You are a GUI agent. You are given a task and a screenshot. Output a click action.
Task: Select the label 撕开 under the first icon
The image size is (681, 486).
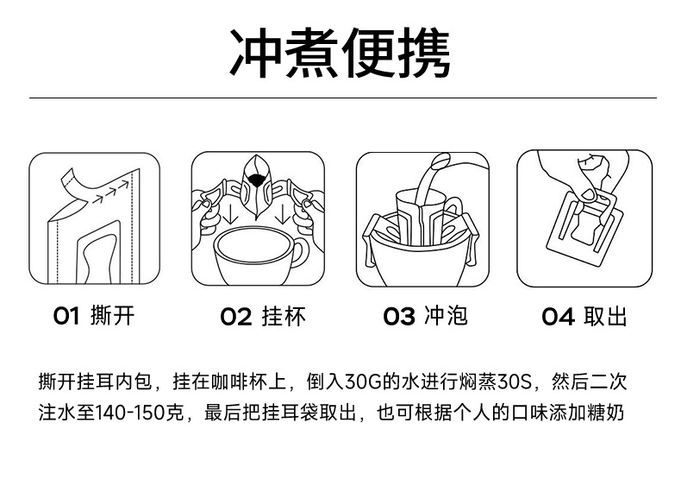pyautogui.click(x=112, y=316)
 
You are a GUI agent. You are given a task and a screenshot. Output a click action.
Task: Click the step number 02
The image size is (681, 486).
pyautogui.click(x=235, y=317)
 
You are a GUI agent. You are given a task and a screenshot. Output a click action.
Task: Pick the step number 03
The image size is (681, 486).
pyautogui.click(x=399, y=317)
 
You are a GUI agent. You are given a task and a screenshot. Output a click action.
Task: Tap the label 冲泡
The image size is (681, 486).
pyautogui.click(x=446, y=316)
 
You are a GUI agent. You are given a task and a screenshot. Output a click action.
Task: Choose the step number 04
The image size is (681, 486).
pyautogui.click(x=558, y=317)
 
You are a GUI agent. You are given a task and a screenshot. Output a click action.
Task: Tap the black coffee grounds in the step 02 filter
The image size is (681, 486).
pyautogui.click(x=256, y=180)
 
